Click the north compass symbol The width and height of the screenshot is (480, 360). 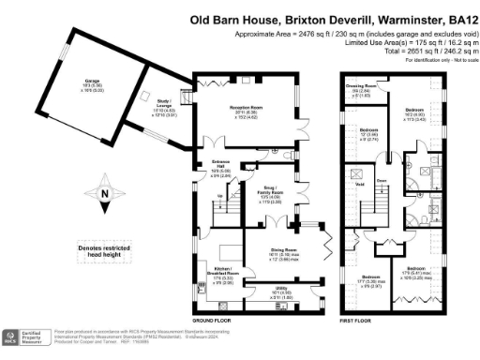point(105,196)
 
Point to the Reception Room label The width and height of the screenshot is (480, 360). point(245,110)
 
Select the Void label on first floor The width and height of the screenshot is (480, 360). point(358,184)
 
